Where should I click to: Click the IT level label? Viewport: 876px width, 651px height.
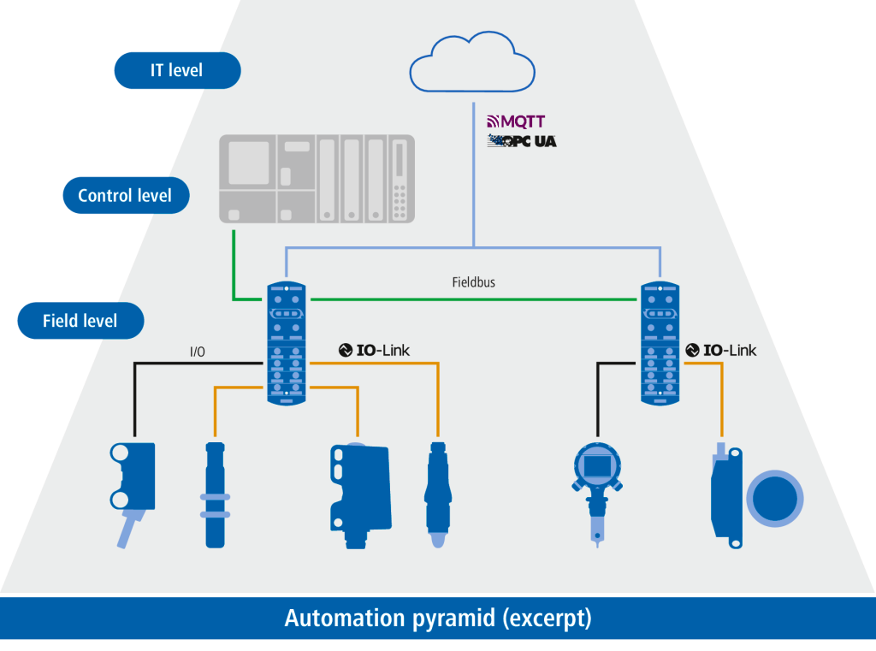coord(177,70)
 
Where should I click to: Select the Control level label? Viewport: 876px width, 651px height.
coord(125,195)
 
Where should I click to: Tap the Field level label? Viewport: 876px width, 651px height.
coord(80,322)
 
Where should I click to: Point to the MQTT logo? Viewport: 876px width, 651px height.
coord(516,121)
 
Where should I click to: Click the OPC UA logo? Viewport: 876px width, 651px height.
coord(522,140)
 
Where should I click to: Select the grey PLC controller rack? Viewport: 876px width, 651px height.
coord(317,179)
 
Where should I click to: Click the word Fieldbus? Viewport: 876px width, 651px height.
coord(473,281)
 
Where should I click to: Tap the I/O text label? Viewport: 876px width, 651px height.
coord(197,351)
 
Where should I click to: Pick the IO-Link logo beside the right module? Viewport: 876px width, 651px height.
coord(721,350)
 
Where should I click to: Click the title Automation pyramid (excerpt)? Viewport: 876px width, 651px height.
coord(438,618)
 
